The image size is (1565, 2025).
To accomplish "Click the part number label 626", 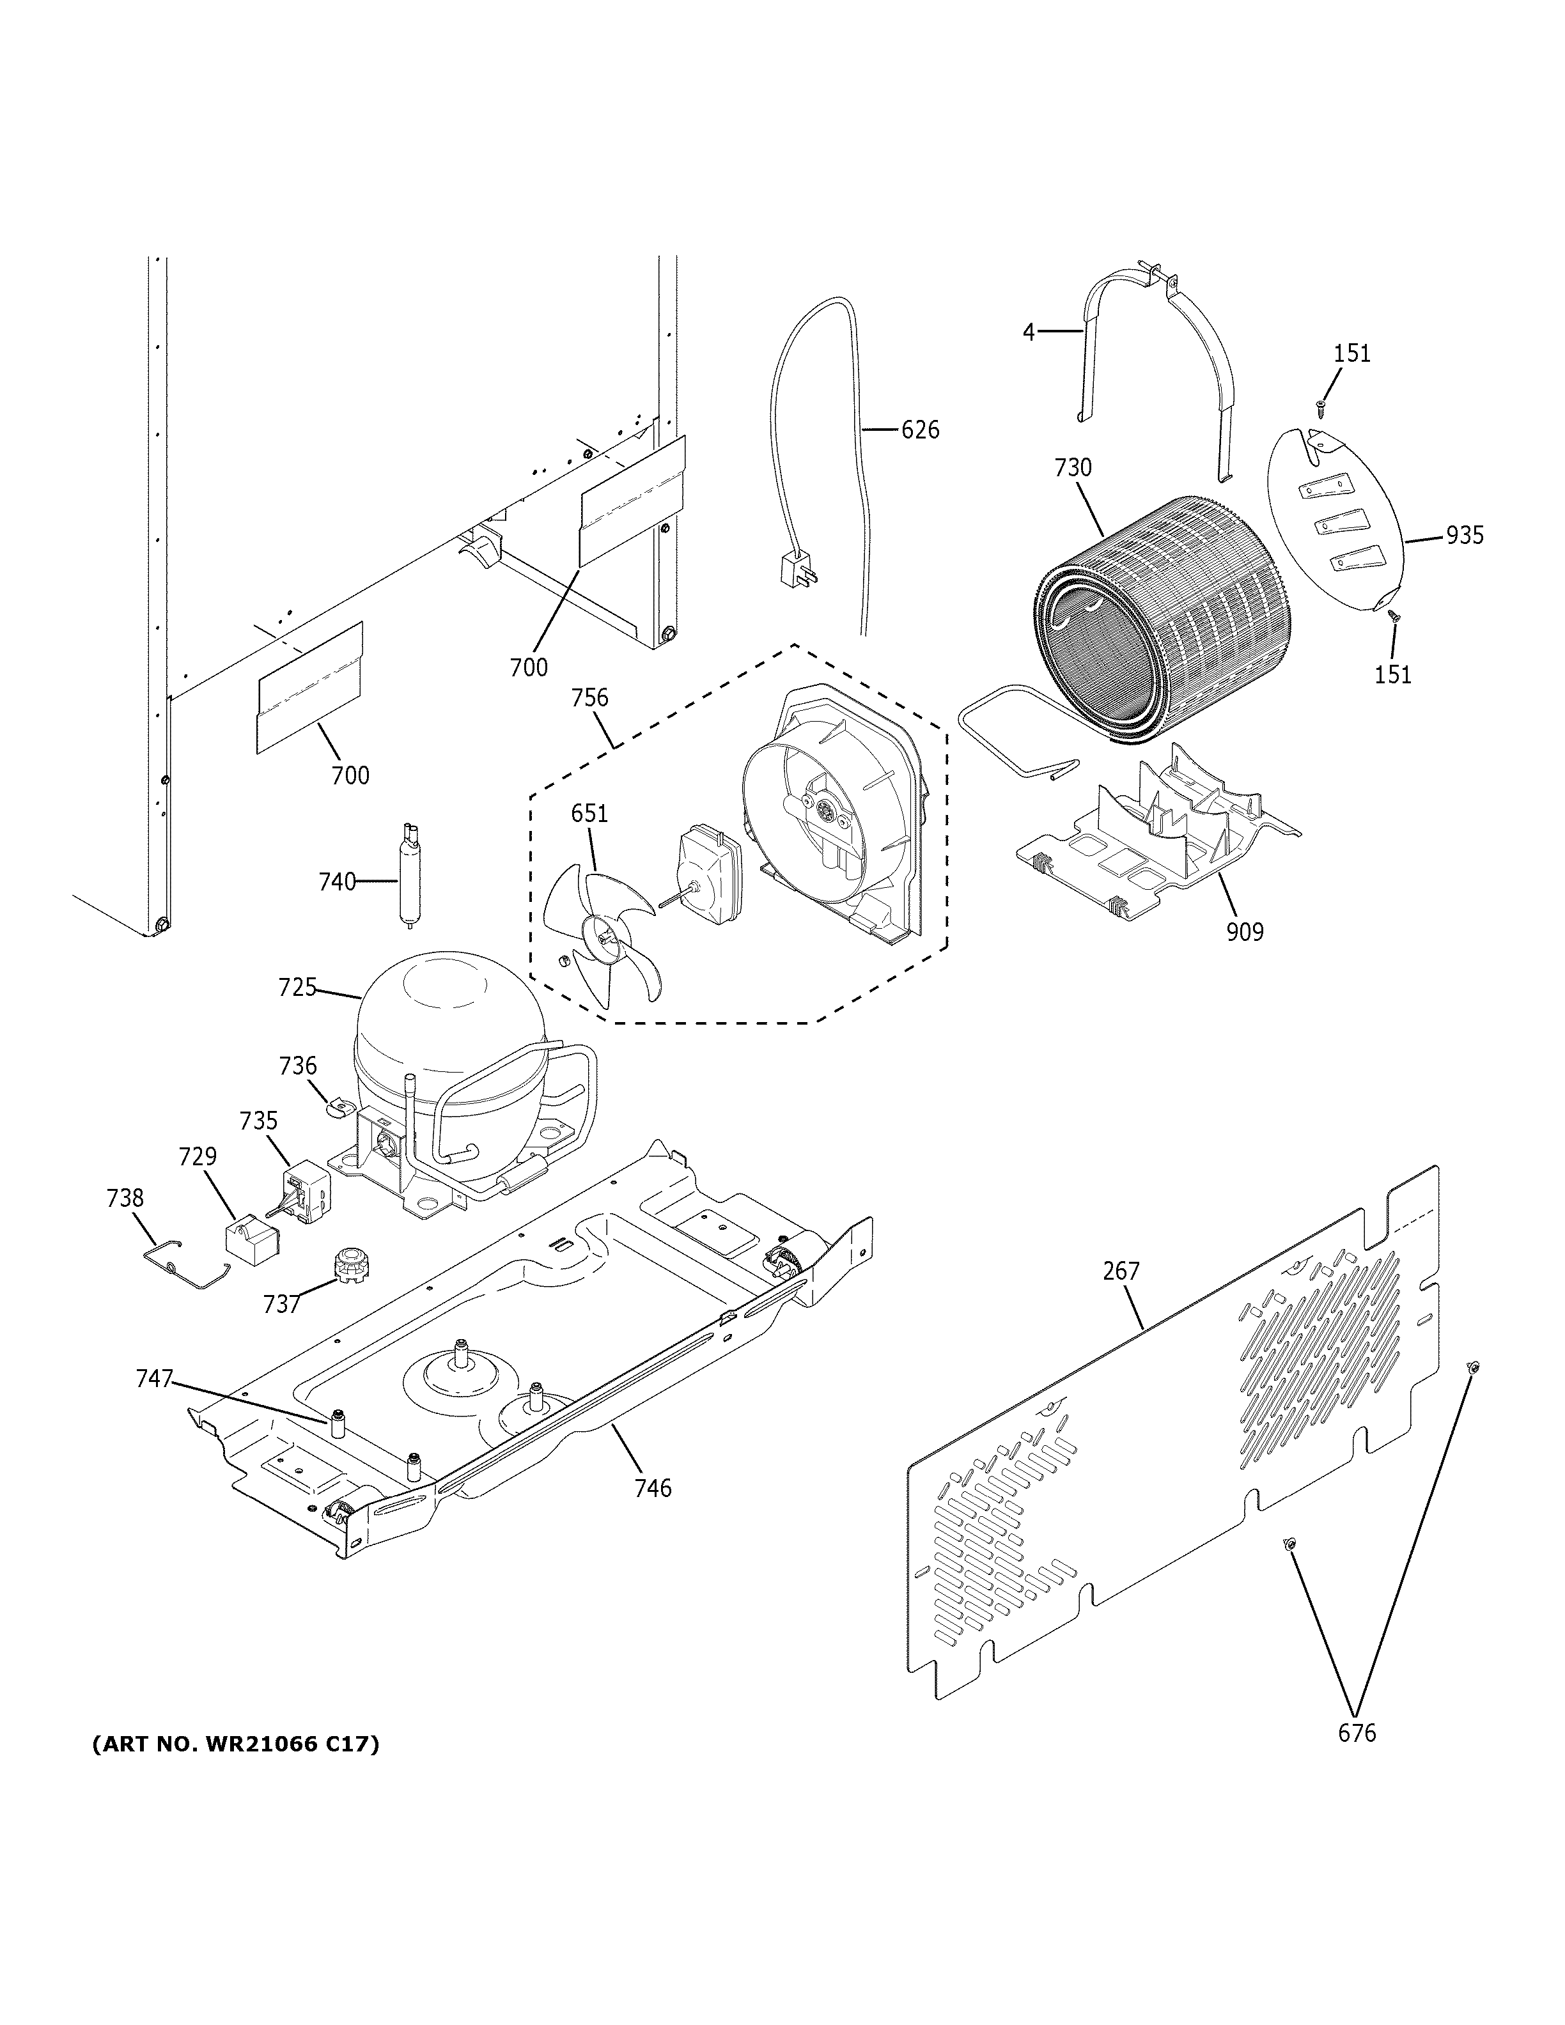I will [x=920, y=430].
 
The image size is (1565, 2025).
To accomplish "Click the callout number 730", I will [x=1073, y=469].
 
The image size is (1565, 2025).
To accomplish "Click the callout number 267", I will [x=1121, y=1271].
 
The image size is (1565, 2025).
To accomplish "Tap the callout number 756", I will [x=589, y=697].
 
